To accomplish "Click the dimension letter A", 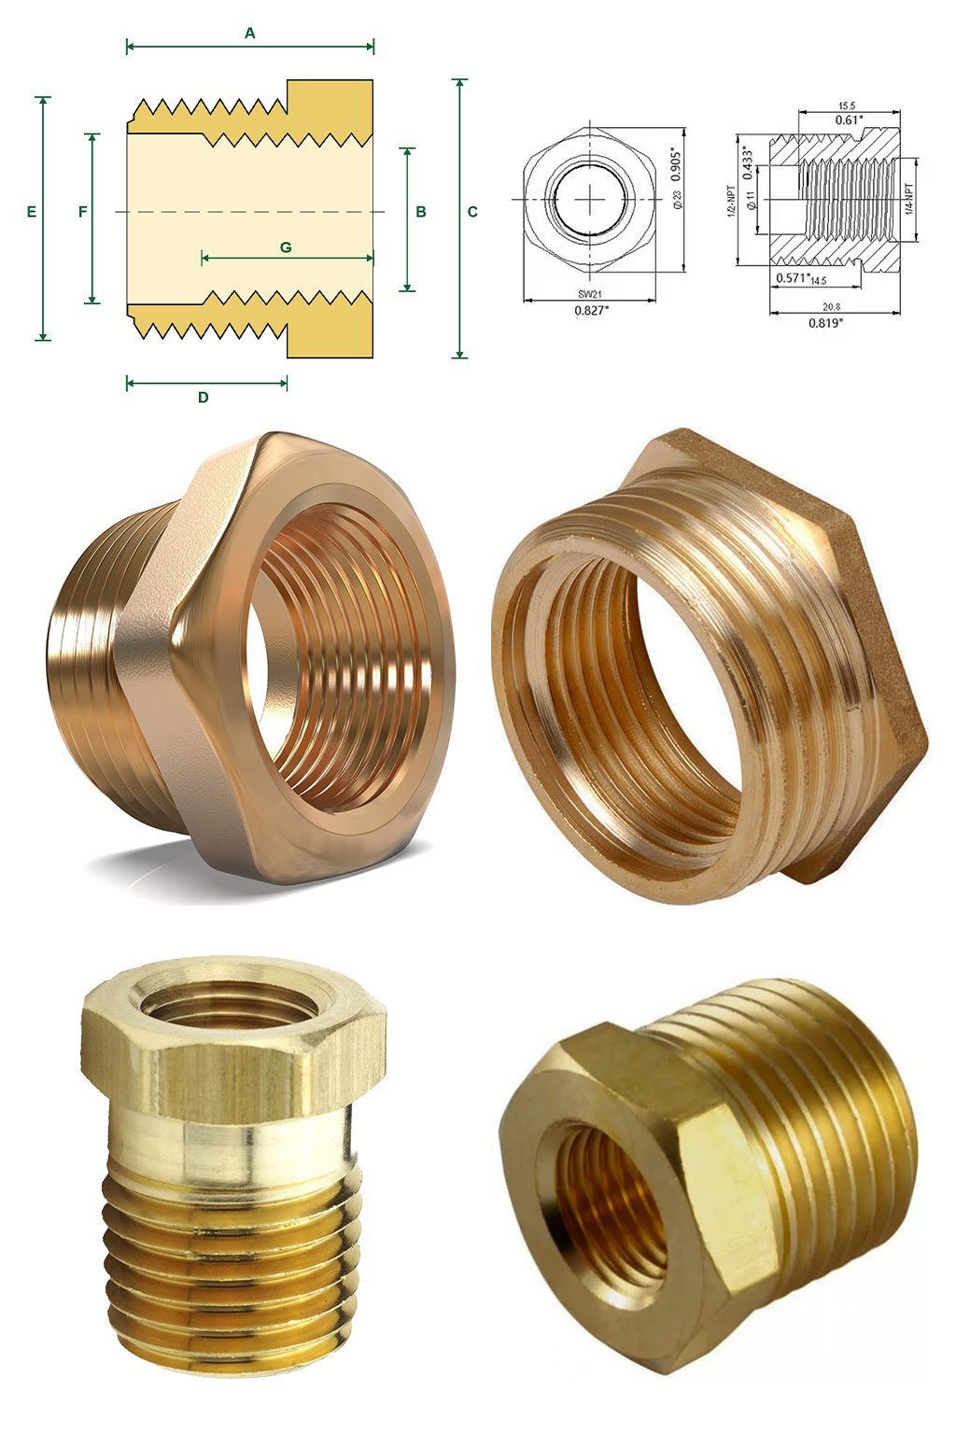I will (249, 34).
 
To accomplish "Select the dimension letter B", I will (421, 212).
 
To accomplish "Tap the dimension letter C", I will (472, 212).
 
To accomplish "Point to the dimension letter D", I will (203, 397).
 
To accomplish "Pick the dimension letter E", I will (32, 212).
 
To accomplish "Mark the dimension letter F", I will (83, 212).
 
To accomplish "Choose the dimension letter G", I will (286, 247).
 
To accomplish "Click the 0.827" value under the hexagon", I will (590, 311).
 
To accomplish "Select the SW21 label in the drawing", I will (589, 294).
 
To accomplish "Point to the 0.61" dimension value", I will (849, 119).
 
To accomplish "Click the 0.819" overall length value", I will (825, 323).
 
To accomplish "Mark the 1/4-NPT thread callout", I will (908, 200).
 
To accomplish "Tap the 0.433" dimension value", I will (747, 162).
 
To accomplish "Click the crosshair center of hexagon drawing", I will (589, 200).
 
